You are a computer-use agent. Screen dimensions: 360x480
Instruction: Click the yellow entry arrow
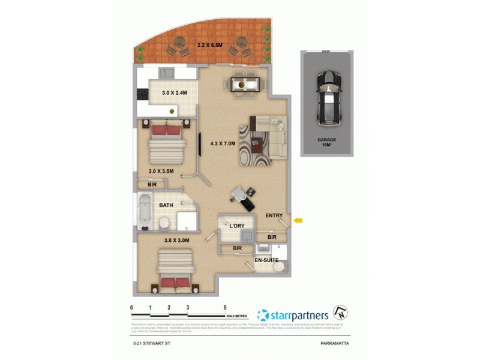298,221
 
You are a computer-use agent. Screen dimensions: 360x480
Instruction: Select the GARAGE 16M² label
327,142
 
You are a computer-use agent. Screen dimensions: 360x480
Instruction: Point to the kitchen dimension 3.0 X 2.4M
175,93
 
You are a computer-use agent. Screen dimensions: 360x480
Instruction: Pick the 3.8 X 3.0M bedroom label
177,241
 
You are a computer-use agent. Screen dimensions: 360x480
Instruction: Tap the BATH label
166,206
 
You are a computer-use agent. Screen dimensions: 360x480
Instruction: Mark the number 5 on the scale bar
225,307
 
